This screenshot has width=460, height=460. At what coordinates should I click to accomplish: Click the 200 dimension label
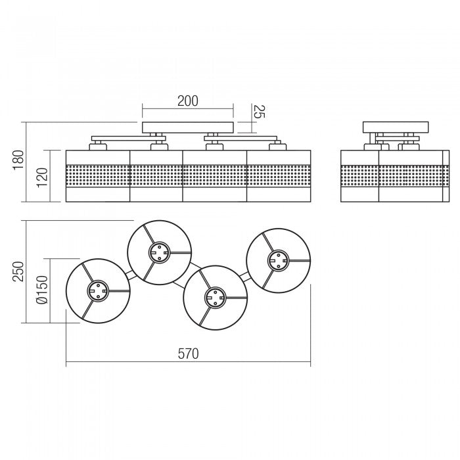(188, 101)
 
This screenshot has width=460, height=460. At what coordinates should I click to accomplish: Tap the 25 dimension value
(259, 111)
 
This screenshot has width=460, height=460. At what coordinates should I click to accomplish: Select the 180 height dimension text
(18, 159)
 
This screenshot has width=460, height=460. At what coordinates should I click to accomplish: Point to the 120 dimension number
(41, 177)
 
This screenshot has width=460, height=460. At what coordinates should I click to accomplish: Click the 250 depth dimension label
(18, 271)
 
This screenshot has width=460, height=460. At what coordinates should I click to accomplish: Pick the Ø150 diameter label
(41, 290)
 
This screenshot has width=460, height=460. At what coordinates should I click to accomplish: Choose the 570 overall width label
(188, 354)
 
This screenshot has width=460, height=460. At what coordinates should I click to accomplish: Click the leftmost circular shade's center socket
(98, 290)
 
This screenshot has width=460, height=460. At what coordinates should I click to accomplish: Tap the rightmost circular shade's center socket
(278, 260)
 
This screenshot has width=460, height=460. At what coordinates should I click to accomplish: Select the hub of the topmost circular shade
(159, 252)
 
